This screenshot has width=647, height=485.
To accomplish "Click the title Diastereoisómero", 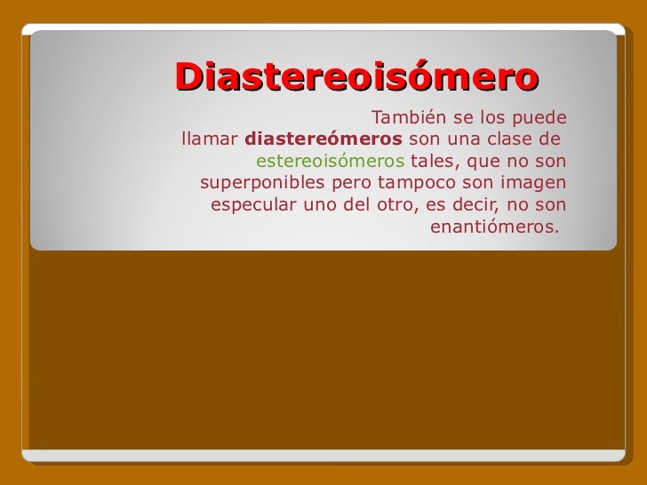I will (x=356, y=76).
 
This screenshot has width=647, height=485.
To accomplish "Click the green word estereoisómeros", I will (x=330, y=163).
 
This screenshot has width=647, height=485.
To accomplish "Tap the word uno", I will (x=322, y=207).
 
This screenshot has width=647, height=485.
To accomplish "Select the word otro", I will (x=393, y=207).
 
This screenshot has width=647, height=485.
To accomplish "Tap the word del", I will (x=356, y=207).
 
